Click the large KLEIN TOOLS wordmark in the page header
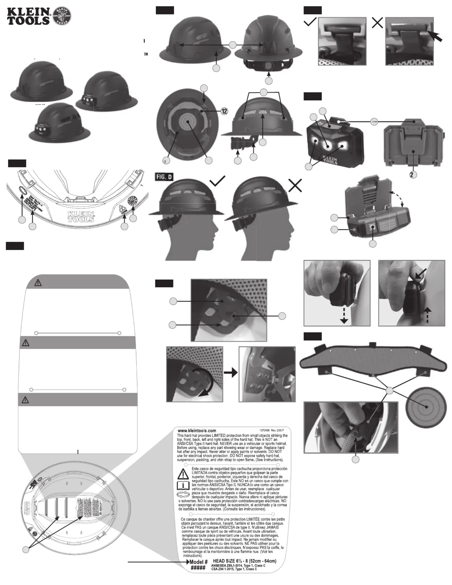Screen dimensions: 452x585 click(x=29, y=16)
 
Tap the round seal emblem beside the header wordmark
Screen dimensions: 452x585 click(x=62, y=16)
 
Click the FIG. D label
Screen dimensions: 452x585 click(x=164, y=177)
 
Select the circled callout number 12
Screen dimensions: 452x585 click(x=224, y=111)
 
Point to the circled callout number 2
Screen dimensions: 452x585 click(x=413, y=175)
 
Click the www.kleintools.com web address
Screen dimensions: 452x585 click(x=197, y=431)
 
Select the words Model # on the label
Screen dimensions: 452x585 click(x=198, y=562)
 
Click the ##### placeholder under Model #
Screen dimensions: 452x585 click(x=198, y=568)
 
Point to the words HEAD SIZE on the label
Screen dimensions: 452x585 click(x=224, y=561)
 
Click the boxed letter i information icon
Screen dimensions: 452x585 click(x=183, y=485)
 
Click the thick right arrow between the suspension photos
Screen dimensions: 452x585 click(x=231, y=373)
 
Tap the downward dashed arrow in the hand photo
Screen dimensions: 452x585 click(x=344, y=317)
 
